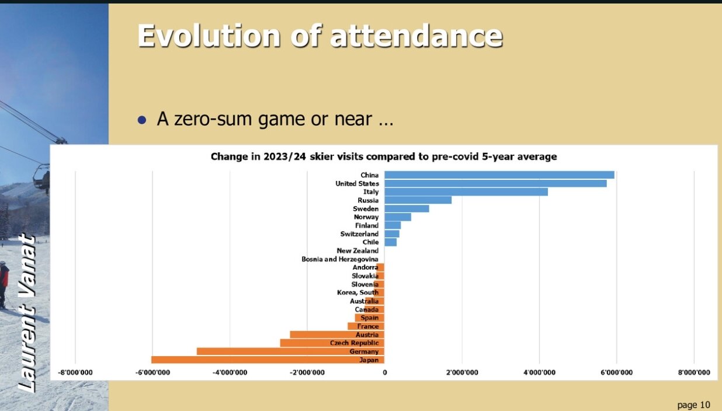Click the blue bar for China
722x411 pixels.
(x=499, y=175)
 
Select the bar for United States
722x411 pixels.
(x=495, y=183)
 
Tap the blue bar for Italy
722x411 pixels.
(x=466, y=192)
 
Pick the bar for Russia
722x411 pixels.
(x=418, y=200)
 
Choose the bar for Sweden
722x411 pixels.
(x=407, y=209)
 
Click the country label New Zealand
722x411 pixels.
(x=357, y=251)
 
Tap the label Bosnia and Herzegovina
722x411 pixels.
(x=340, y=259)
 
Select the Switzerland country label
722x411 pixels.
(x=359, y=234)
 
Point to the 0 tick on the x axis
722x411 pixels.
(x=384, y=372)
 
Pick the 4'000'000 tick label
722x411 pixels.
(x=539, y=372)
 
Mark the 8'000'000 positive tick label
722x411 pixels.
(x=693, y=372)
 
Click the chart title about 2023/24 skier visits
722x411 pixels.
(x=383, y=156)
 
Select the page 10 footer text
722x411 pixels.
(x=693, y=405)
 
